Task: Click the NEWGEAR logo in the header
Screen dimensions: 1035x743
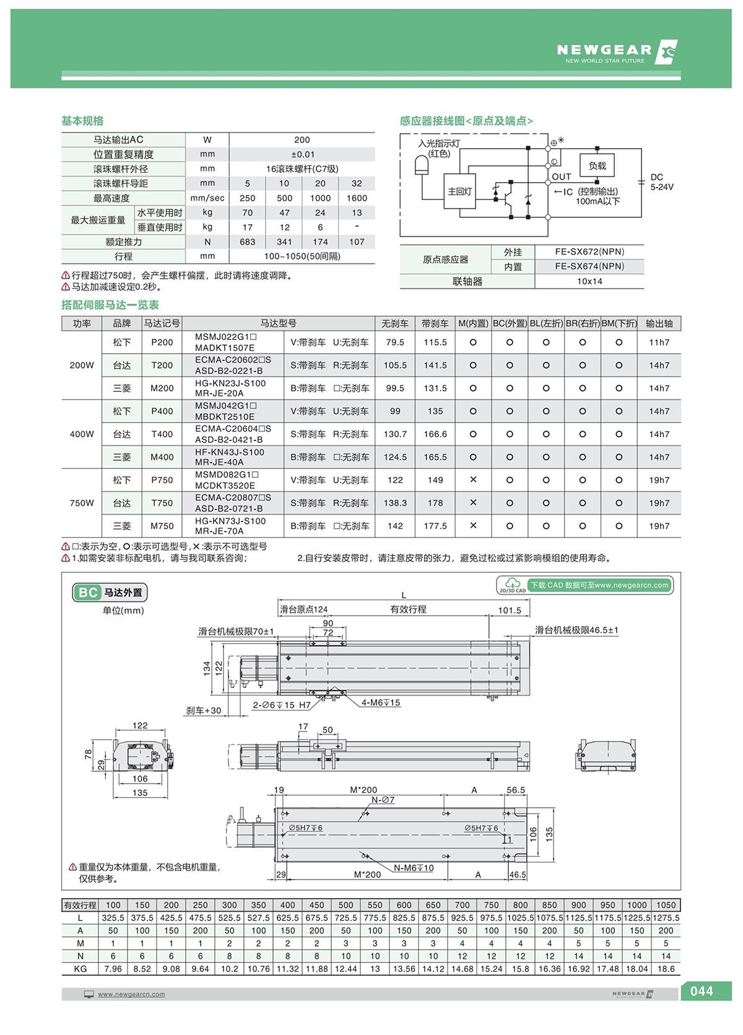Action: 616,52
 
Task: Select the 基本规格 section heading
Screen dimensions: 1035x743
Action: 82,121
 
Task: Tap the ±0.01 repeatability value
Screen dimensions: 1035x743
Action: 302,154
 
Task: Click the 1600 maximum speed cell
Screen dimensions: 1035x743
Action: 357,198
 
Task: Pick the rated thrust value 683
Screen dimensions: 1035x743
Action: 247,242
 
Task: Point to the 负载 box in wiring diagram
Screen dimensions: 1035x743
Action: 597,166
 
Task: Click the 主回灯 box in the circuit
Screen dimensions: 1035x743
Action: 459,191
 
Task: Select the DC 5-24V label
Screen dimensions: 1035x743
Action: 661,182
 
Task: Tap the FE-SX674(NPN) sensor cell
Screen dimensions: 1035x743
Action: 589,266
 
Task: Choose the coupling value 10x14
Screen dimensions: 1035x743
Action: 589,281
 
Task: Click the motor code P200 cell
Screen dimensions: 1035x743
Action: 162,342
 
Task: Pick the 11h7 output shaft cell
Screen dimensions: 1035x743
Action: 659,342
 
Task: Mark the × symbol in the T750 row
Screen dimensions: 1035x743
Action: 473,503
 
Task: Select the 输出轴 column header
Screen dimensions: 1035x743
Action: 659,323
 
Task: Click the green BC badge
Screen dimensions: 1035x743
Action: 87,592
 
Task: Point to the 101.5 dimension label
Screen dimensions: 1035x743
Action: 510,610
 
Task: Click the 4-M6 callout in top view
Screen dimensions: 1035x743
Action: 381,703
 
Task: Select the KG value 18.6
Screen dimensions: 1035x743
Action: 666,969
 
